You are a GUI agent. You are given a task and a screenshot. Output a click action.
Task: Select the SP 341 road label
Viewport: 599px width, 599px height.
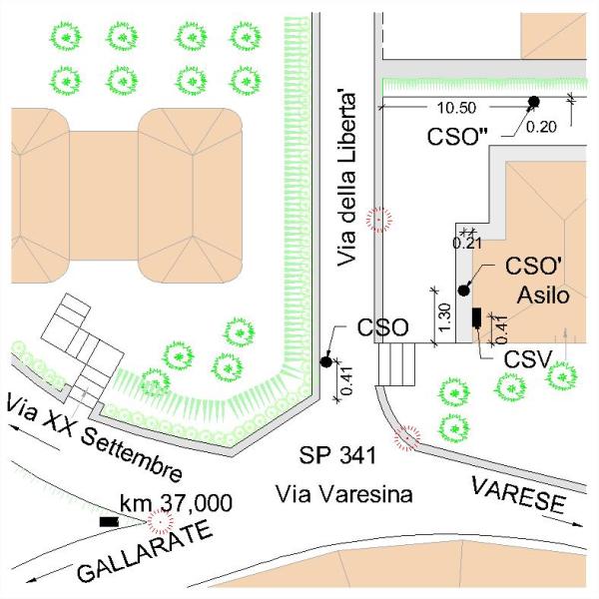(x=336, y=456)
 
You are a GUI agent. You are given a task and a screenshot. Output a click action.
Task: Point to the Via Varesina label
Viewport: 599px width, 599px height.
(x=344, y=493)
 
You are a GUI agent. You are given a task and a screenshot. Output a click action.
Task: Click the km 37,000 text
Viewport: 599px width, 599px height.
(x=176, y=501)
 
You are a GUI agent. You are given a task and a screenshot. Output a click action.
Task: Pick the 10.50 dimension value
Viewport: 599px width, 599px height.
(x=449, y=108)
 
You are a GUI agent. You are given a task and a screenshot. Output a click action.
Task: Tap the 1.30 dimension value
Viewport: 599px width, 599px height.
(x=444, y=315)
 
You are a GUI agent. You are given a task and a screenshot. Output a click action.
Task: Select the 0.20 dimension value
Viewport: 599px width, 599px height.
(x=541, y=126)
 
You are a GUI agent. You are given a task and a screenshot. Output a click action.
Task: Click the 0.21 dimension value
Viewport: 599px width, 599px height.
(x=466, y=242)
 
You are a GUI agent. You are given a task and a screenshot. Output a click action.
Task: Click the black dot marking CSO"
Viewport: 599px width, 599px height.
(x=534, y=101)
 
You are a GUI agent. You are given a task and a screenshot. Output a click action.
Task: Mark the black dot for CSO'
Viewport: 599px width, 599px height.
(x=463, y=290)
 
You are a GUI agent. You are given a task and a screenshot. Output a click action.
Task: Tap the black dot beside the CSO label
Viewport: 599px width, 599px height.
(x=326, y=361)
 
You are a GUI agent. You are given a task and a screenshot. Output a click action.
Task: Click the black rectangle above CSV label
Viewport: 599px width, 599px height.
(x=476, y=317)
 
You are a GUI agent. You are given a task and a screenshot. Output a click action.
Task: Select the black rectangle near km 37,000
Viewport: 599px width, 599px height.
(x=109, y=521)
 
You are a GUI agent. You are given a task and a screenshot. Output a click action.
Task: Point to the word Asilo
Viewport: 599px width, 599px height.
(x=543, y=296)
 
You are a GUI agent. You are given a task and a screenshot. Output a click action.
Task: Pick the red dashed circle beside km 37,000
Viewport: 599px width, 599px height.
(x=158, y=522)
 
